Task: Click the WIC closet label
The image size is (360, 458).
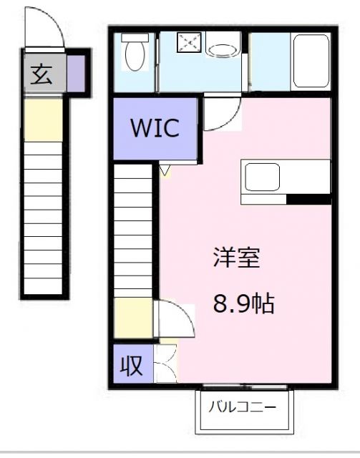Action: pyautogui.click(x=154, y=130)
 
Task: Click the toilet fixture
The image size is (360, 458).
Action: pyautogui.click(x=134, y=53)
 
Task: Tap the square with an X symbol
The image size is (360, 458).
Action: pyautogui.click(x=190, y=42)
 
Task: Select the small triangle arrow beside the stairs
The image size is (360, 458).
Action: pyautogui.click(x=165, y=170)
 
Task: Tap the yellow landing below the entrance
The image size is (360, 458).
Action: pyautogui.click(x=44, y=120)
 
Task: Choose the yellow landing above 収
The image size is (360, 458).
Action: pyautogui.click(x=133, y=318)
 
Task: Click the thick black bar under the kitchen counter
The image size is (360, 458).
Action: pyautogui.click(x=308, y=199)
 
